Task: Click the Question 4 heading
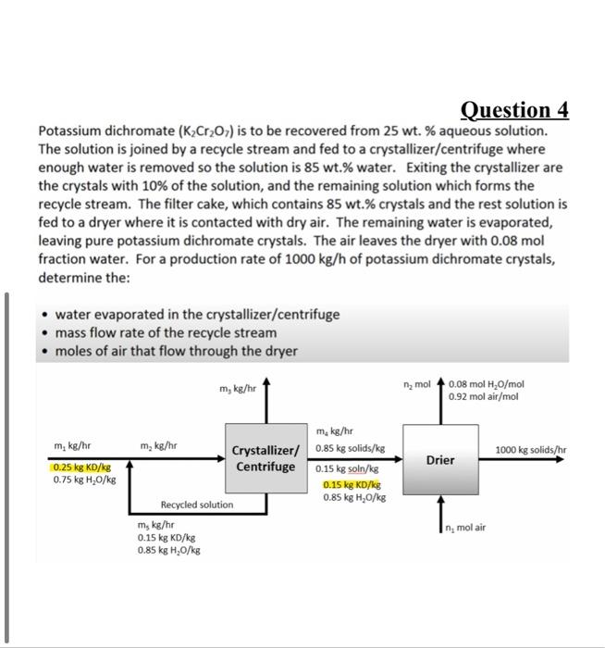pos(515,111)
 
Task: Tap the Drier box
pos(439,459)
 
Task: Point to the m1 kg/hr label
pos(71,445)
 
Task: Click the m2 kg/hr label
pos(158,445)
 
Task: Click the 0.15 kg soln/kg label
pos(346,469)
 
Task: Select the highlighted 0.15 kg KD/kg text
pos(352,484)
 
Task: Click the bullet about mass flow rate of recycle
pos(165,332)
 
